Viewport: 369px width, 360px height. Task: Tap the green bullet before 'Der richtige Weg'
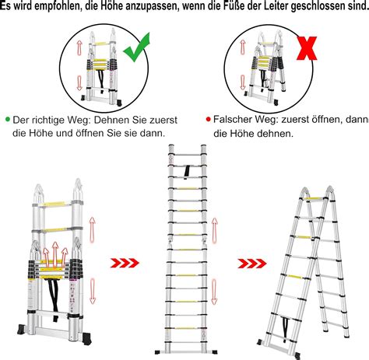click(x=8, y=119)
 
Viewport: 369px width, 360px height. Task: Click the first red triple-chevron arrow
click(x=126, y=263)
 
